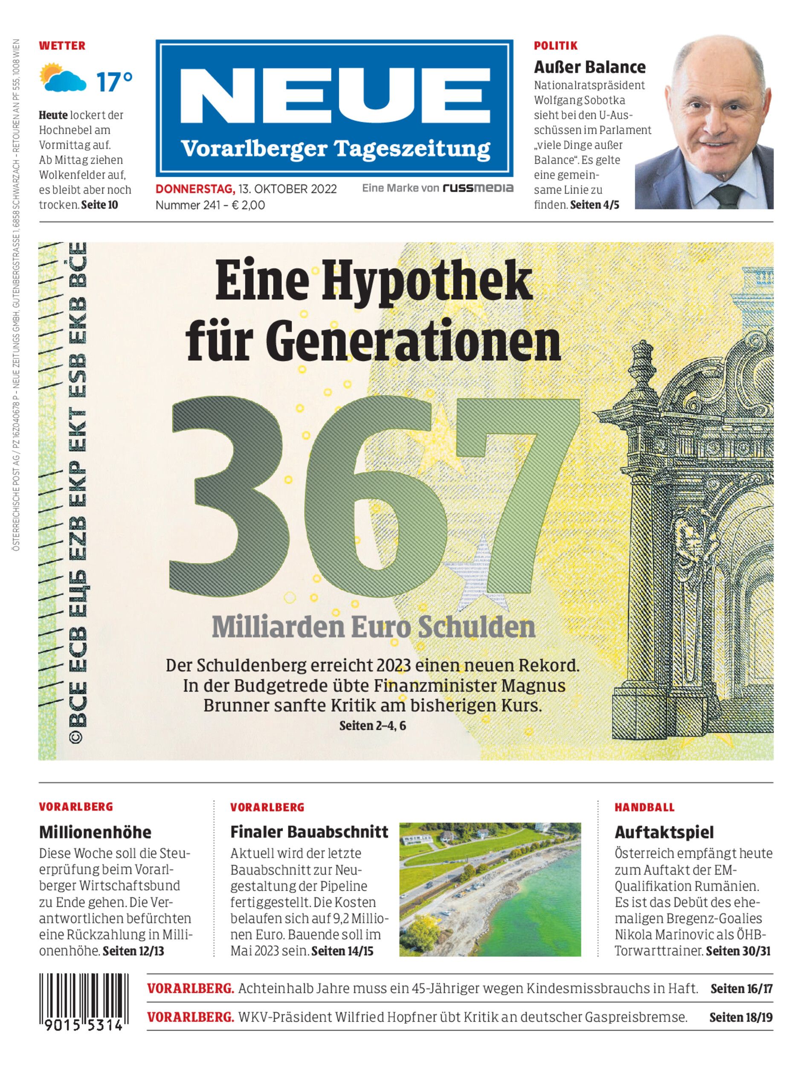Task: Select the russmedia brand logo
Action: tap(478, 188)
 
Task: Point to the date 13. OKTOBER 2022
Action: tap(287, 188)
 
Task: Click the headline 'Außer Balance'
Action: tap(590, 67)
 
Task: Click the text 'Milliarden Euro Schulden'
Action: tap(373, 627)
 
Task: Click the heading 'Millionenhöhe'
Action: tap(95, 832)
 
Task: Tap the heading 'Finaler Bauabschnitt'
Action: tap(309, 831)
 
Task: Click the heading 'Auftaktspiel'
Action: tap(664, 832)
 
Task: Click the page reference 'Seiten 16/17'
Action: tap(741, 988)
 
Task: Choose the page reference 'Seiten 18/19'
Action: tap(740, 1017)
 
